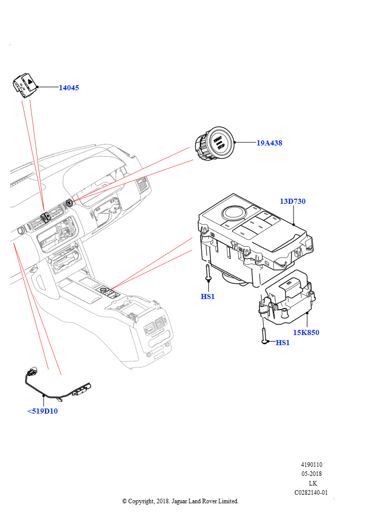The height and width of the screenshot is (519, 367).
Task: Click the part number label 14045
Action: click(x=69, y=88)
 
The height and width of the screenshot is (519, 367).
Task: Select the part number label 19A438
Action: click(x=269, y=143)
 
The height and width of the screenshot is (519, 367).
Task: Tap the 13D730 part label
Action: click(x=292, y=201)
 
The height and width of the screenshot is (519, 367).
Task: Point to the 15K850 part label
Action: click(x=306, y=332)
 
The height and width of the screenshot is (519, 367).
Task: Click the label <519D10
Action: click(x=43, y=411)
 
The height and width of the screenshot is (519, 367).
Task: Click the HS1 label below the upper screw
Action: click(x=208, y=296)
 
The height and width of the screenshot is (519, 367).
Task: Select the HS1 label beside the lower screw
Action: click(x=283, y=343)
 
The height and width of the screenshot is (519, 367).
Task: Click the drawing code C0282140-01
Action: click(x=311, y=492)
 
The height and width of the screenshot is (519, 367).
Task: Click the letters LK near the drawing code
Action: click(x=313, y=483)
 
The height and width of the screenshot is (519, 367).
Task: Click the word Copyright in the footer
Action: click(x=141, y=501)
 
